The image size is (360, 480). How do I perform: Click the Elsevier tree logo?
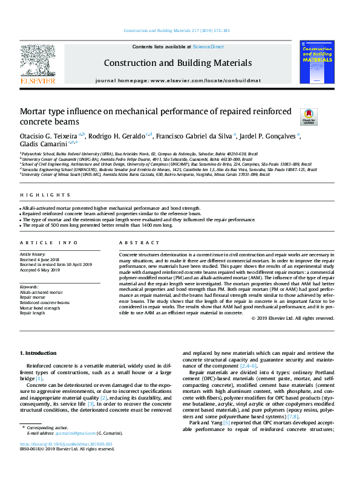click(38, 60)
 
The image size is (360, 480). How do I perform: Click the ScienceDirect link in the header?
click(209, 47)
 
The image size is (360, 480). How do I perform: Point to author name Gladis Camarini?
click(46, 145)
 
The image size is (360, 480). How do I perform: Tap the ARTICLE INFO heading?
click(49, 242)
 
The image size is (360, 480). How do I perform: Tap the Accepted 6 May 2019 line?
click(41, 270)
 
